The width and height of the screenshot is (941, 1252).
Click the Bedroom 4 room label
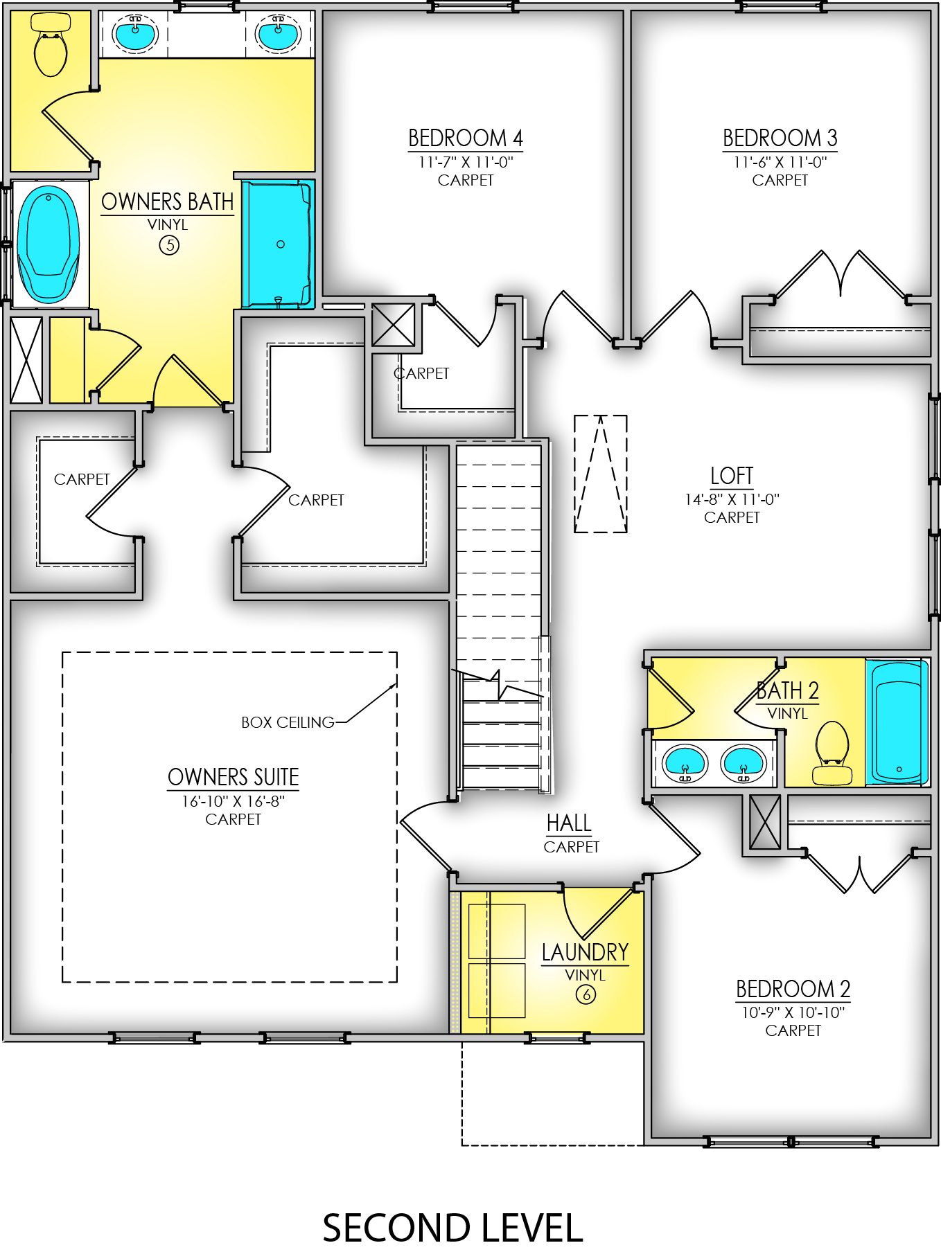click(465, 138)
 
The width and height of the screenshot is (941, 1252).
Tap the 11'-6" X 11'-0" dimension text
click(780, 162)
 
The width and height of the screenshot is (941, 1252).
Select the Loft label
click(731, 476)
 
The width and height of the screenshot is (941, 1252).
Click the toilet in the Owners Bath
click(50, 44)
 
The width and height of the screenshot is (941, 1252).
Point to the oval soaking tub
click(49, 244)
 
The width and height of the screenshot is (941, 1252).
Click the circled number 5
click(168, 244)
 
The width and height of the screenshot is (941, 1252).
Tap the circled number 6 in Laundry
click(586, 994)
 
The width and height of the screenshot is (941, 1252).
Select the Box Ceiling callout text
click(288, 722)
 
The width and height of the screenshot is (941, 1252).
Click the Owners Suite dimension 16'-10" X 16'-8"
click(233, 801)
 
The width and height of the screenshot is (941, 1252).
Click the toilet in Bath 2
click(832, 753)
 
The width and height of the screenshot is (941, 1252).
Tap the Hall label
click(569, 823)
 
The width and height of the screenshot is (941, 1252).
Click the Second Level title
click(452, 1228)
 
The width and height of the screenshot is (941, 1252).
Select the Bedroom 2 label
click(793, 988)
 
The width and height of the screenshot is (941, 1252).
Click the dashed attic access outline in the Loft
click(600, 474)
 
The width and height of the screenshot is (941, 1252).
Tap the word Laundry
click(585, 952)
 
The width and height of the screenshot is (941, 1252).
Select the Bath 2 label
click(787, 690)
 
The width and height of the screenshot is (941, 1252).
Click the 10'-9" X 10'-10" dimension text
click(793, 1012)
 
